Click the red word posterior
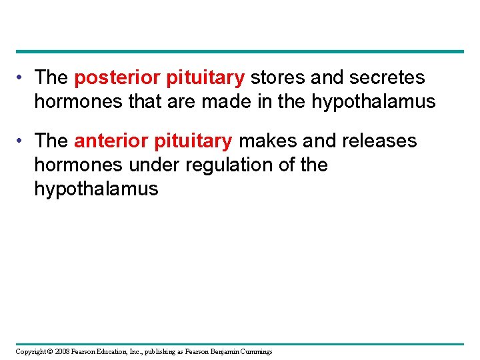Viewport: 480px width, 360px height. pyautogui.click(x=111, y=78)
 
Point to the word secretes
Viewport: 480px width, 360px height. pyautogui.click(x=389, y=78)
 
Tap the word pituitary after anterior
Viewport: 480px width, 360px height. pyautogui.click(x=193, y=141)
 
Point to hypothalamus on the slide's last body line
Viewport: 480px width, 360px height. pyautogui.click(x=96, y=189)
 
